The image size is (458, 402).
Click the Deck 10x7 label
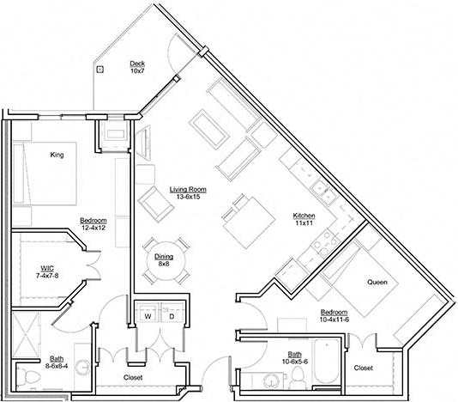(136, 67)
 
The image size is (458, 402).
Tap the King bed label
(57, 155)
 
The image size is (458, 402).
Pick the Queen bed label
(377, 283)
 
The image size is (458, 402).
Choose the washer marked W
(147, 315)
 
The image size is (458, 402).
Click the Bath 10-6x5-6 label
(294, 358)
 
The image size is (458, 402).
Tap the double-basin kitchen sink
(322, 190)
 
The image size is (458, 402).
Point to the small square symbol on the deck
(101, 69)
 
